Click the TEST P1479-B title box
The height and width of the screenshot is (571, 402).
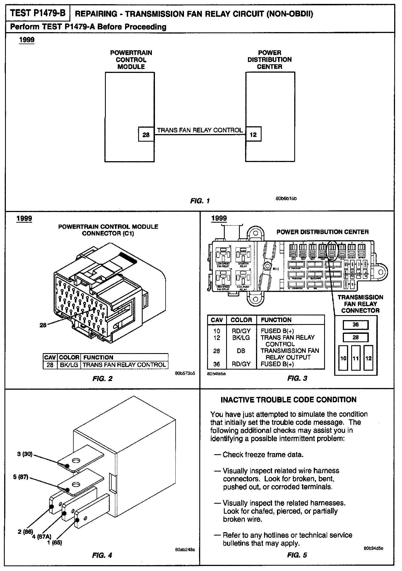37,13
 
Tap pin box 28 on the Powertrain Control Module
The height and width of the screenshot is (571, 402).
146,135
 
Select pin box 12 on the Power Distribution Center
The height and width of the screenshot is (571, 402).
253,135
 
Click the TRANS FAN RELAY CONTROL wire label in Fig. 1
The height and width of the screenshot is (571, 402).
200,130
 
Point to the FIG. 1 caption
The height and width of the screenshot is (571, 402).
200,201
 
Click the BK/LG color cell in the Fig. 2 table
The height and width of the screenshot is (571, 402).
69,365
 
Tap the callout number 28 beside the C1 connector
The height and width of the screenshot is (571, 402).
43,325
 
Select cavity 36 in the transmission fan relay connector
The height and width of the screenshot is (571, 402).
355,325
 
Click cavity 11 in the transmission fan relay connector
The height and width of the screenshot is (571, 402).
355,358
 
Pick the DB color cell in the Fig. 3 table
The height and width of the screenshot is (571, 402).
241,351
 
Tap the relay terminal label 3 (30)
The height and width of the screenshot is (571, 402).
25,454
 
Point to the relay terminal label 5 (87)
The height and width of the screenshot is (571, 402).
21,477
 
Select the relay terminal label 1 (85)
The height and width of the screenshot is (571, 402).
55,543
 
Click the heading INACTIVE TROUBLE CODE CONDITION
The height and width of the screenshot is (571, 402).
288,400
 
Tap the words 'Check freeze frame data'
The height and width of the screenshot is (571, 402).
263,455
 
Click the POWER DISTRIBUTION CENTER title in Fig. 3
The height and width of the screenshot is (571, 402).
322,232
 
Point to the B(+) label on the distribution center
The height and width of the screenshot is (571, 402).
276,269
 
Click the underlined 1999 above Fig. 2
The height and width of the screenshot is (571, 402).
24,218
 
